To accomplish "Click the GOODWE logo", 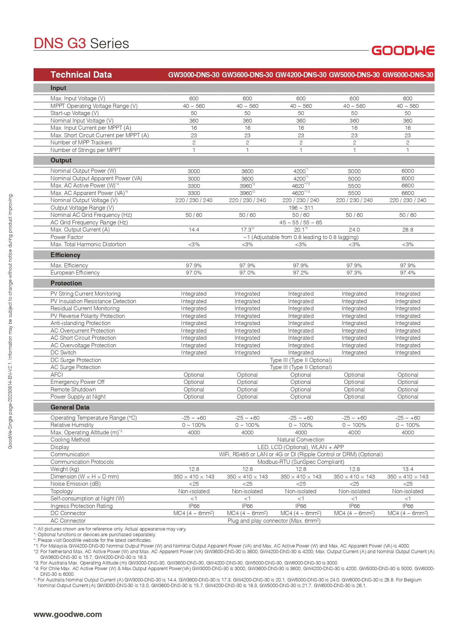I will (403, 51).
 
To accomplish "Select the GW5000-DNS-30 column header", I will (354, 75).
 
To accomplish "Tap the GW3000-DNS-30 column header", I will (193, 75).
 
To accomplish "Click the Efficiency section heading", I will (65, 255).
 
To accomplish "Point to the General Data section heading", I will (70, 407).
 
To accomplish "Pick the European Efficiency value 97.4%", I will (408, 273).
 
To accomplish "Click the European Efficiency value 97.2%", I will (301, 273).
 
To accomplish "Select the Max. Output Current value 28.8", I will (408, 230).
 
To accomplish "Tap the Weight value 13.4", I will (408, 469).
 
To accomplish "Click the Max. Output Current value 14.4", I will (194, 230).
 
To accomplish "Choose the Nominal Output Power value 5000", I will (354, 171).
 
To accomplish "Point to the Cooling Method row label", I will (70, 440).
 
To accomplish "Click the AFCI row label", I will (57, 375).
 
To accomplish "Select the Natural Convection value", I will (301, 440).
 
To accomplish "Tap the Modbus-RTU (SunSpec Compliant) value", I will (301, 462).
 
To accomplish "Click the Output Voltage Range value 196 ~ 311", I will (301, 208).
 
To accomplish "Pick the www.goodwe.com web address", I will (68, 614).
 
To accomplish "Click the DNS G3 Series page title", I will (81, 43).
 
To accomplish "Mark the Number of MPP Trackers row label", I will (81, 143).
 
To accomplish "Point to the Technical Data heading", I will (81, 75).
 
